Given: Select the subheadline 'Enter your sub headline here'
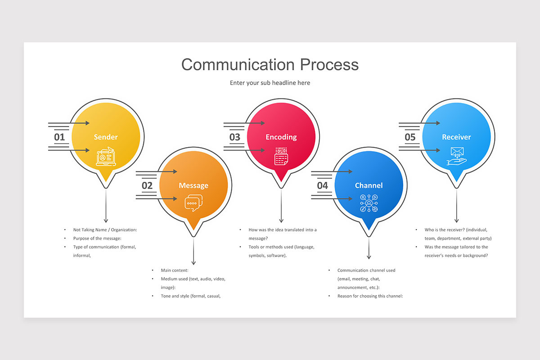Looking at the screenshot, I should (x=270, y=83).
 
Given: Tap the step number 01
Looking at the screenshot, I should (x=59, y=137).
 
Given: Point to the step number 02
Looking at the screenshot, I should (x=147, y=185).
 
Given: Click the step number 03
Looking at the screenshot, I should (x=235, y=137).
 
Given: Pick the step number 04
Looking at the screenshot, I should (x=322, y=185).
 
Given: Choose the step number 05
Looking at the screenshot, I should (x=410, y=137).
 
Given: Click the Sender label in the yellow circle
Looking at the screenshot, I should (x=106, y=137).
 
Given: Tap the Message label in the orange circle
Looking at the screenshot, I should (x=193, y=185).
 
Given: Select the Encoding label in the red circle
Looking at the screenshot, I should (x=281, y=137).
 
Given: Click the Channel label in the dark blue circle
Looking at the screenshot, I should (x=369, y=185).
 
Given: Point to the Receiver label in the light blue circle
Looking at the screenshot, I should (x=456, y=137).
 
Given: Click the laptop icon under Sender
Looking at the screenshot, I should (x=106, y=157).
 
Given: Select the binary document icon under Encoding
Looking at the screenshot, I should (x=281, y=156).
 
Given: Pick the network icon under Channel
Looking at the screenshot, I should (x=369, y=203).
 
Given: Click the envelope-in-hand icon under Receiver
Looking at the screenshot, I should (x=456, y=157).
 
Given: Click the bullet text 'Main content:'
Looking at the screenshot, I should (x=175, y=270).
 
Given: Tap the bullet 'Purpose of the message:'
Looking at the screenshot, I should (x=98, y=238).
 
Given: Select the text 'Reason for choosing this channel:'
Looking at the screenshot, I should (x=370, y=296).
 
